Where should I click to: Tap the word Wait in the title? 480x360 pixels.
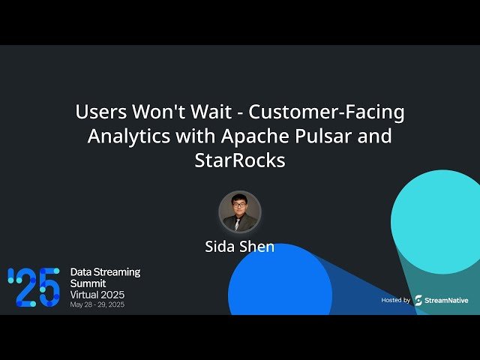point(218,112)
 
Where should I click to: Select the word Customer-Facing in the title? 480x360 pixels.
point(327,112)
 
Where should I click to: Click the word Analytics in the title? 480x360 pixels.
point(122,136)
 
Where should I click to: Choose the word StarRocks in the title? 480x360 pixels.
point(240,160)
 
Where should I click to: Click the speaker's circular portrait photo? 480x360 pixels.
point(240,211)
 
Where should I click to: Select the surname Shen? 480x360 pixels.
point(258,247)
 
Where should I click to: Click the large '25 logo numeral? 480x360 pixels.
point(34,286)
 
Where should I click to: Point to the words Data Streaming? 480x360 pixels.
point(105,271)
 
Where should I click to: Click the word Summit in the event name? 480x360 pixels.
point(88,283)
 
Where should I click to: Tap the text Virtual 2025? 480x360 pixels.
point(97,295)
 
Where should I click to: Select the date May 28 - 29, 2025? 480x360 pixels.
point(97,305)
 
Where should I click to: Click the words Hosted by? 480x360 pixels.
point(395,300)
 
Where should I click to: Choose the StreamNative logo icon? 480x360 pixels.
point(418,300)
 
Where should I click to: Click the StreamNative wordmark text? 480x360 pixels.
point(447,300)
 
